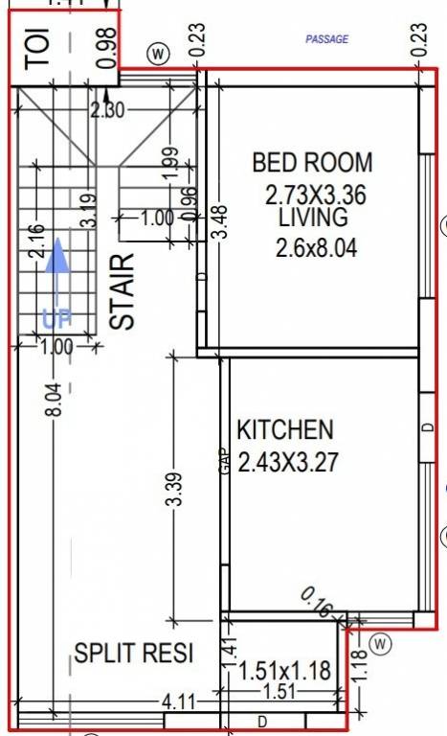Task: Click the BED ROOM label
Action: pos(312,162)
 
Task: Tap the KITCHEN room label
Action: pos(285,429)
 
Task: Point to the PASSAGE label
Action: pos(326,39)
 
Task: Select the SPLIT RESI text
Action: pos(134,655)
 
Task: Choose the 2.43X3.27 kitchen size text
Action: pos(288,462)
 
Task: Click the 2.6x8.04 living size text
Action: pos(316,249)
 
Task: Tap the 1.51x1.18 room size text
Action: pos(283,671)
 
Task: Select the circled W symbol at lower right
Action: pos(381,642)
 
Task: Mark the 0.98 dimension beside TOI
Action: pos(106,47)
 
